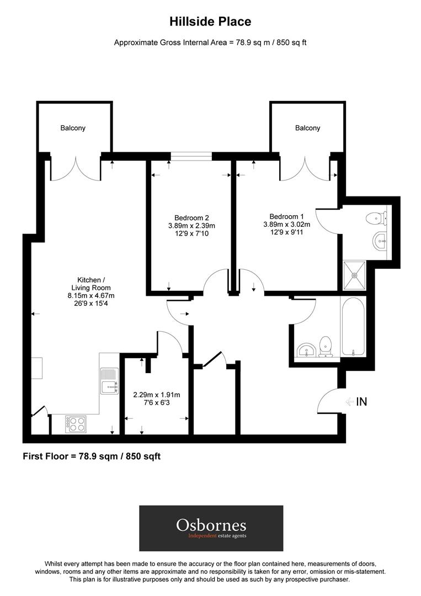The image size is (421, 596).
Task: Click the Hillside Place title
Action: pyautogui.click(x=210, y=22)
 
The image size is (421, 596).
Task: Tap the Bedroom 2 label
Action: pyautogui.click(x=191, y=217)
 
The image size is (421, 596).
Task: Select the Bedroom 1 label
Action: pyautogui.click(x=286, y=216)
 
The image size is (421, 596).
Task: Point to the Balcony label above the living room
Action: pyautogui.click(x=73, y=128)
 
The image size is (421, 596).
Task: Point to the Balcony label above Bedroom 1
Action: pyautogui.click(x=307, y=128)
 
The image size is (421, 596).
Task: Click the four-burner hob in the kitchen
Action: pyautogui.click(x=76, y=424)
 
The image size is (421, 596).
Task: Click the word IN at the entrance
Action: pyautogui.click(x=361, y=402)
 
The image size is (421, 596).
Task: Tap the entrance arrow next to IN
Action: pyautogui.click(x=349, y=402)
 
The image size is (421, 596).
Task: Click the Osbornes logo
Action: pyautogui.click(x=211, y=528)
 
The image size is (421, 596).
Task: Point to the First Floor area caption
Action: pyautogui.click(x=92, y=456)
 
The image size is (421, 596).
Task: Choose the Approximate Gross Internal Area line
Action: pyautogui.click(x=210, y=42)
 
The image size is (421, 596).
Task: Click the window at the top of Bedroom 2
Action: pyautogui.click(x=191, y=156)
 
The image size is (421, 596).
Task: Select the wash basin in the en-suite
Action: pyautogui.click(x=380, y=240)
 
